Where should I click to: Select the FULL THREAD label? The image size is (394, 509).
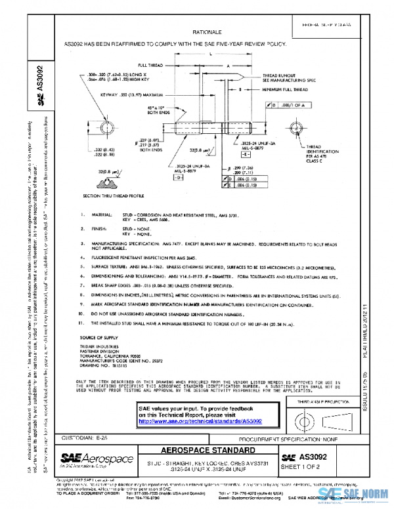pyautogui.click(x=150, y=66)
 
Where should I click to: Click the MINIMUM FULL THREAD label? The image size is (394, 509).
pyautogui.click(x=285, y=89)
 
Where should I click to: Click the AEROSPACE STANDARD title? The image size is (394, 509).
pyautogui.click(x=208, y=451)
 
